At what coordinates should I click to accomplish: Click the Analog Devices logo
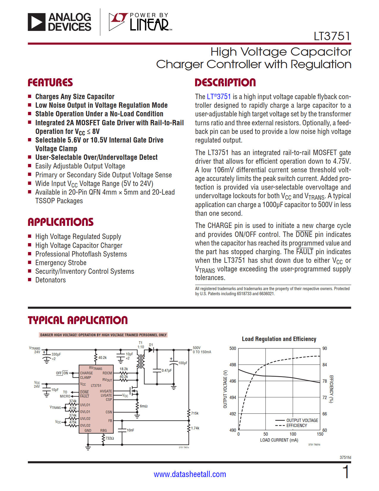pyautogui.click(x=59, y=22)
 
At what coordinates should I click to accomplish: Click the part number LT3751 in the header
pyautogui.click(x=332, y=36)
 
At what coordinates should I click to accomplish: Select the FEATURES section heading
pyautogui.click(x=50, y=82)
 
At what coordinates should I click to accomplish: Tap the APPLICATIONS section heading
pyautogui.click(x=61, y=222)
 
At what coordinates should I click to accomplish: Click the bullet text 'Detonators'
pyautogui.click(x=51, y=280)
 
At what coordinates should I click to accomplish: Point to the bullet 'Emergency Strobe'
pyautogui.click(x=61, y=263)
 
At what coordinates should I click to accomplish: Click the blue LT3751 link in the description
pyautogui.click(x=219, y=97)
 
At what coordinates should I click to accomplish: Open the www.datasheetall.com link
pyautogui.click(x=190, y=474)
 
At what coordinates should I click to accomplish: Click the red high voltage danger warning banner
pyautogui.click(x=103, y=335)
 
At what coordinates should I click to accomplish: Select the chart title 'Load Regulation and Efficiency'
pyautogui.click(x=279, y=339)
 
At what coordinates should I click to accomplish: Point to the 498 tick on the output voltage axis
pyautogui.click(x=233, y=365)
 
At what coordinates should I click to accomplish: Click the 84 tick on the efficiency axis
pyautogui.click(x=325, y=365)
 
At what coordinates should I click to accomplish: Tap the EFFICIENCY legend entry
pyautogui.click(x=296, y=426)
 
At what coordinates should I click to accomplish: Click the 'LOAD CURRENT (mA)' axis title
pyautogui.click(x=279, y=440)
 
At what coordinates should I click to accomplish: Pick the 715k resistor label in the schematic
pyautogui.click(x=195, y=413)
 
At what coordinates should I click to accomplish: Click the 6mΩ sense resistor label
pyautogui.click(x=144, y=406)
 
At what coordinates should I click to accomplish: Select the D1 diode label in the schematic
pyautogui.click(x=151, y=345)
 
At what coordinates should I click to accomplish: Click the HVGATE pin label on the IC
pyautogui.click(x=106, y=391)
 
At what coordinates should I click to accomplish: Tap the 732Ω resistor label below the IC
pyautogui.click(x=110, y=438)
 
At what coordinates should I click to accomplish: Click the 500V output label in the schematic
pyautogui.click(x=197, y=348)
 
